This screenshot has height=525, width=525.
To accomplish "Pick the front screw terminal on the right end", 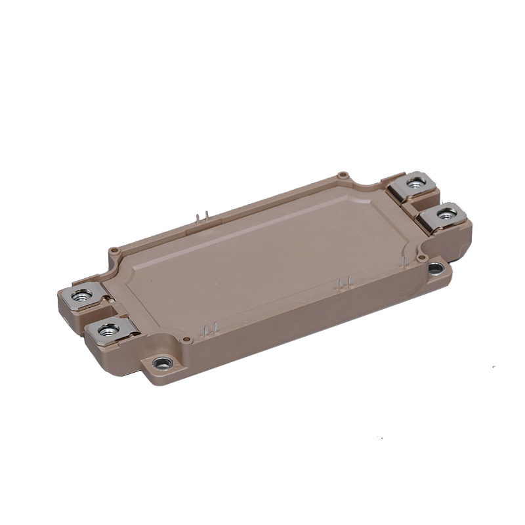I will click(446, 213).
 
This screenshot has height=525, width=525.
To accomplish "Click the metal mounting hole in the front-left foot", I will click(162, 362).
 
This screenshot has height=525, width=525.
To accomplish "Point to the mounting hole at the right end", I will click(435, 267).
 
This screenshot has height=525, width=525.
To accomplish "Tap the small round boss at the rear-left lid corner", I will click(114, 250).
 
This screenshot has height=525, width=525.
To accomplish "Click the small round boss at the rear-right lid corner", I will click(342, 175).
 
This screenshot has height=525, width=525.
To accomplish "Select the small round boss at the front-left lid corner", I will click(187, 339).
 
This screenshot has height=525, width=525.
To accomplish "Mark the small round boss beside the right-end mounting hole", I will click(421, 258).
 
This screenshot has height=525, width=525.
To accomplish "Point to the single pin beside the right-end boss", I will click(401, 259).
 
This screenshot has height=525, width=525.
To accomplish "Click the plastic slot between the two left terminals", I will click(98, 314).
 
